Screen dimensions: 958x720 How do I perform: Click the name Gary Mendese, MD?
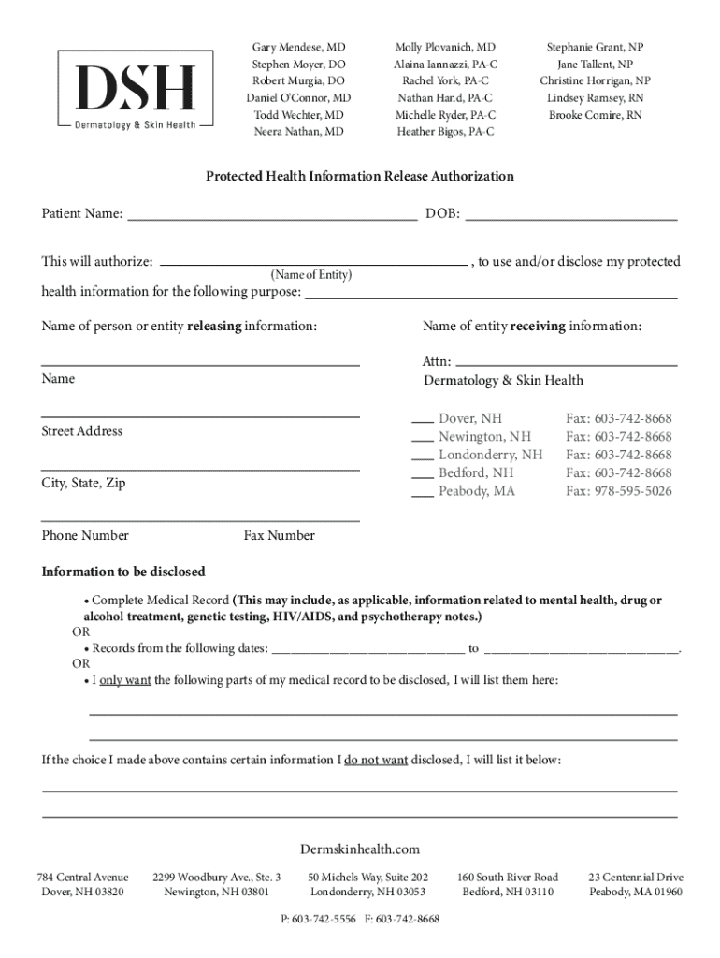point(298,47)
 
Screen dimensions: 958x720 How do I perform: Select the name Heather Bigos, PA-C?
point(445,132)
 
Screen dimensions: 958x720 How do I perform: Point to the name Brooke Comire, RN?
point(596,115)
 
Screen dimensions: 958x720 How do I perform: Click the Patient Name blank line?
point(272,215)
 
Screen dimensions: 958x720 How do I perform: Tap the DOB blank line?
point(570,215)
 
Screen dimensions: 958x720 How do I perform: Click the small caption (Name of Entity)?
point(310,275)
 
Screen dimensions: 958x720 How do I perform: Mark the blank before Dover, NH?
point(422,419)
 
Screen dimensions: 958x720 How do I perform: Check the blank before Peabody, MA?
point(422,492)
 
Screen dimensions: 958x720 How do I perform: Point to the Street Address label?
point(81,431)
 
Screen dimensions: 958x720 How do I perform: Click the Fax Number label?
point(280,536)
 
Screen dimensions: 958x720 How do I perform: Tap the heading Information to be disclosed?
point(123,572)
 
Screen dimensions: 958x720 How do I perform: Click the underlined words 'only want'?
point(125,680)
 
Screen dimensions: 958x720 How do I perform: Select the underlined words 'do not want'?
point(376,760)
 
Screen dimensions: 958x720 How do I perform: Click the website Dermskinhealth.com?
point(360,849)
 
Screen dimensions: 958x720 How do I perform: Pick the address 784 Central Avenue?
point(82,878)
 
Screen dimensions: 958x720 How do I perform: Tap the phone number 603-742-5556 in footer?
point(324,920)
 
